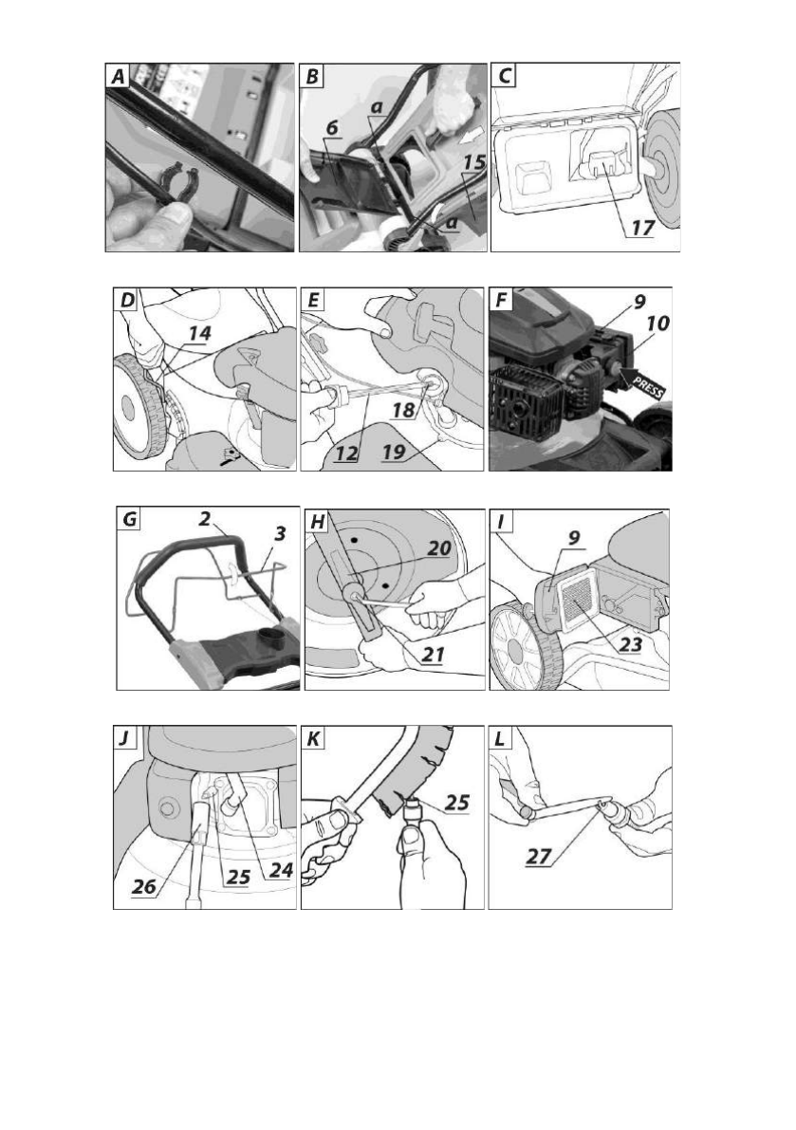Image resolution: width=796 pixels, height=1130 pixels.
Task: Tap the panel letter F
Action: click(503, 303)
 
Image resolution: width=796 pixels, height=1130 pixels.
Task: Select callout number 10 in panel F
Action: click(655, 324)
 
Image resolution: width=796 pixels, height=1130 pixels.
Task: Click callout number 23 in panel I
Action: click(624, 642)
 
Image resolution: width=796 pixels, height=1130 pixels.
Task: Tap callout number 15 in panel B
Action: click(472, 162)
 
